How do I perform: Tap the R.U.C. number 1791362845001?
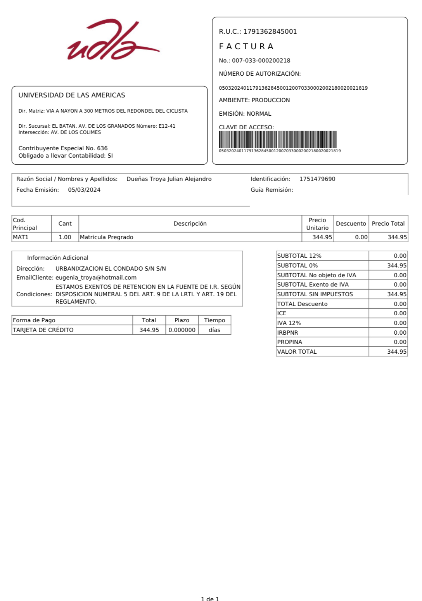pyautogui.click(x=270, y=31)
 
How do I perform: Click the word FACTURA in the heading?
pyautogui.click(x=246, y=47)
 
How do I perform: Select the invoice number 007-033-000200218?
pyautogui.click(x=261, y=61)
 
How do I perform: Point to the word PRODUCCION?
pyautogui.click(x=271, y=100)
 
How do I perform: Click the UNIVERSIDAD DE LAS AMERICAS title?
pyautogui.click(x=72, y=95)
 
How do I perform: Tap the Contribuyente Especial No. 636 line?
pyautogui.click(x=63, y=148)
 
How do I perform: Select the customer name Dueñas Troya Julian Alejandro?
pyautogui.click(x=169, y=179)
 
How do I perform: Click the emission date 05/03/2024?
pyautogui.click(x=84, y=190)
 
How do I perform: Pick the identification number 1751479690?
pyautogui.click(x=317, y=179)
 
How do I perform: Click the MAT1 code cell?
pyautogui.click(x=21, y=237)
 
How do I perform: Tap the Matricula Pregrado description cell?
pyautogui.click(x=107, y=237)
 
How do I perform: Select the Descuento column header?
pyautogui.click(x=351, y=224)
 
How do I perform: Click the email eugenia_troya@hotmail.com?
pyautogui.click(x=96, y=278)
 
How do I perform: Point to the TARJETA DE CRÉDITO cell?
pyautogui.click(x=43, y=330)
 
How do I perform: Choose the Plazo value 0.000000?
pyautogui.click(x=182, y=330)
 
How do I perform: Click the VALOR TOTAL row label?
pyautogui.click(x=297, y=352)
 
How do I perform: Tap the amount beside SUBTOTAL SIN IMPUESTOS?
pyautogui.click(x=397, y=294)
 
